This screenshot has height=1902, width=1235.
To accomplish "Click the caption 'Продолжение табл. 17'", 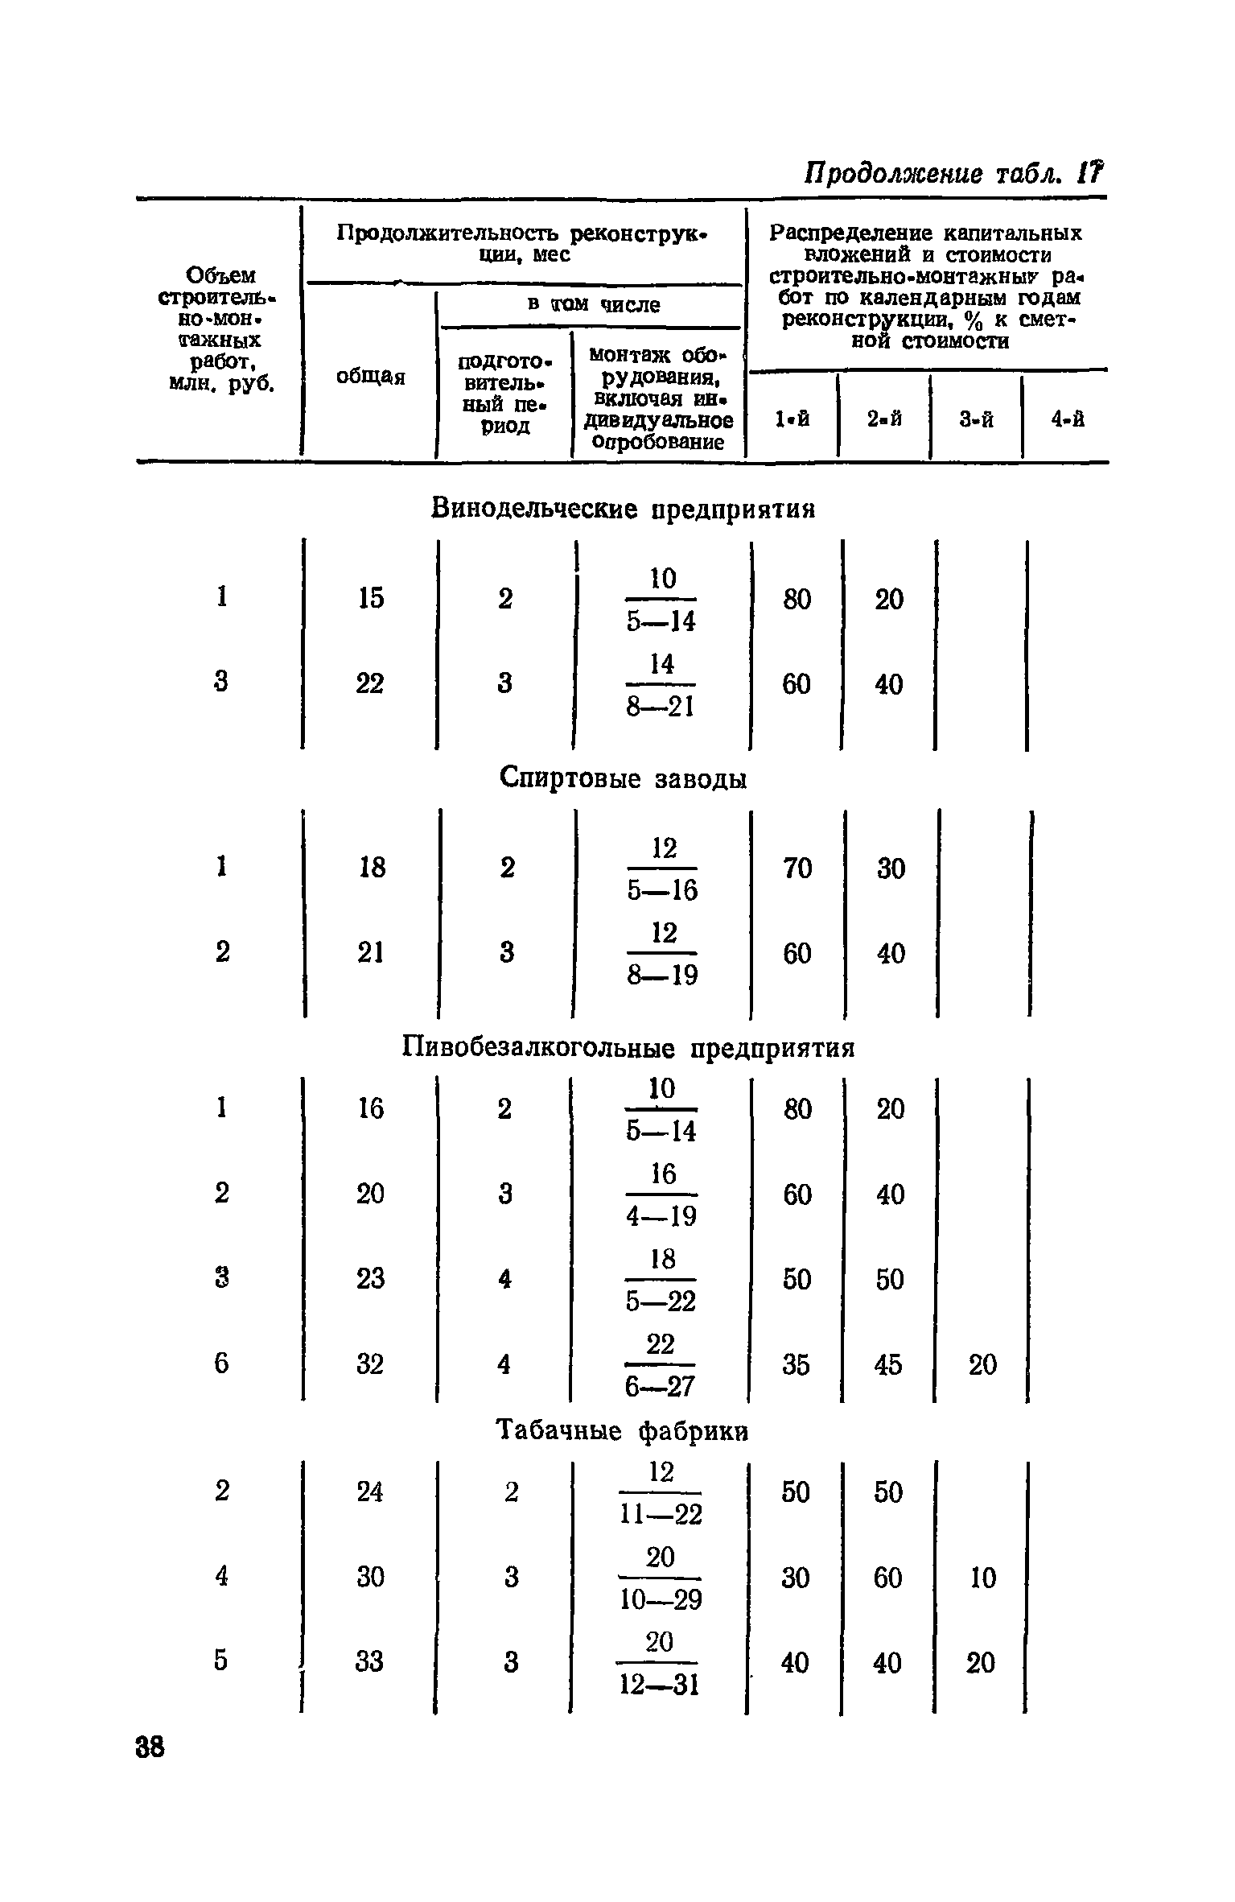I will point(954,174).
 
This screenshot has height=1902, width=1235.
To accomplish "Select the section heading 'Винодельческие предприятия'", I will point(624,509).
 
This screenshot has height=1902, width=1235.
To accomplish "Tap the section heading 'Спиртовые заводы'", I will point(624,778).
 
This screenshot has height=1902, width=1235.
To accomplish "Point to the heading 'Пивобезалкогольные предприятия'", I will point(628,1048).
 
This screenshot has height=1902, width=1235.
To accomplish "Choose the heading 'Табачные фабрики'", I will point(623,1430).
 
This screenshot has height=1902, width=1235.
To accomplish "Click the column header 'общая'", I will point(370,377).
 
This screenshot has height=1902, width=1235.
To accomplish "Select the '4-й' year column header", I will point(1068,419).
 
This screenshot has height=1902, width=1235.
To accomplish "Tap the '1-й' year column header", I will point(792,419).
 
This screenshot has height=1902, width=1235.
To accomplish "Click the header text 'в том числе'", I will point(594,305).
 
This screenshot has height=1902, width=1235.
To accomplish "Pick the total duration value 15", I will point(370,599).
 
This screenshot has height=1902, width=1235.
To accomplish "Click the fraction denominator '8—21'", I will point(661,706).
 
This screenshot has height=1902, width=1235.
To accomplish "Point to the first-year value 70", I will point(797,868).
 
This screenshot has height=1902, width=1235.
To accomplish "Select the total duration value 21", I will point(370,953).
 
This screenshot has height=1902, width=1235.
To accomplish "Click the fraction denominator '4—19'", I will point(661,1216).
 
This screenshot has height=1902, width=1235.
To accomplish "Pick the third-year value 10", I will point(982,1578).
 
